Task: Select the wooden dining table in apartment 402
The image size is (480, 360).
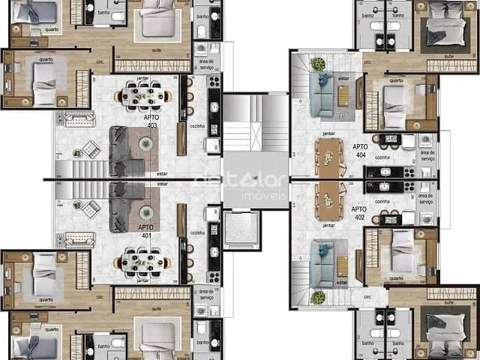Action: tap(328, 200)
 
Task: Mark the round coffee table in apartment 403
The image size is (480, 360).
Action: tap(79, 148)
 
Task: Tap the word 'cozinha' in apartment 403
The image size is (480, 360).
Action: tap(197, 128)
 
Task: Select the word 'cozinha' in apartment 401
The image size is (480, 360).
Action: tap(197, 233)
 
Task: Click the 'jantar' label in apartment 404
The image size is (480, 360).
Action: tap(328, 133)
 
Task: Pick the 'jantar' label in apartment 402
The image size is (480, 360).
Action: tap(328, 225)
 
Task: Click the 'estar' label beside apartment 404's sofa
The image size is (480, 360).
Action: tap(343, 76)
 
